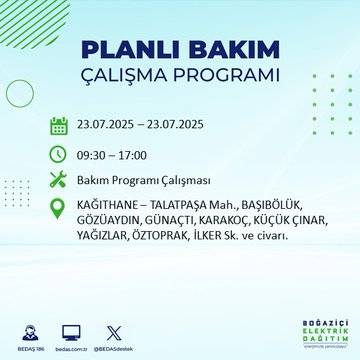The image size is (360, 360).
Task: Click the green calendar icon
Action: (58, 125)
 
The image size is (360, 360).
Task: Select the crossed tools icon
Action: (58, 181)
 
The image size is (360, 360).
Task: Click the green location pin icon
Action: (58, 209)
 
